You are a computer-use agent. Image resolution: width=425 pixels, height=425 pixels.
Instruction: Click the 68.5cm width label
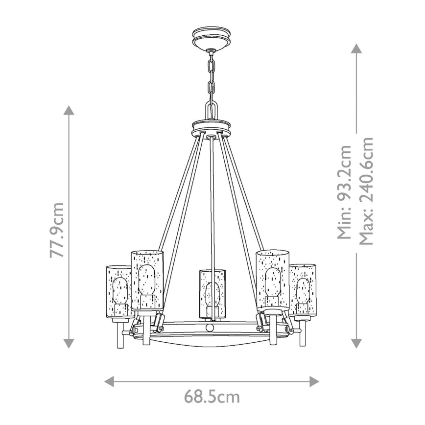212,396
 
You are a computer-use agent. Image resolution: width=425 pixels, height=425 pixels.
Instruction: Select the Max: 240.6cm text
367,191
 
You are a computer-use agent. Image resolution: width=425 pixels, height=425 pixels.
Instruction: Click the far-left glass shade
118,291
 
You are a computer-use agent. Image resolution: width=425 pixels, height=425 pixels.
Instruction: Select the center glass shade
212,293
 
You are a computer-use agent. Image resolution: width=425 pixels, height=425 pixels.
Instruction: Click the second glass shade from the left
146,279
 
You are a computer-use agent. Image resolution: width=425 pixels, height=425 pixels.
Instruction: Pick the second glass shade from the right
273,279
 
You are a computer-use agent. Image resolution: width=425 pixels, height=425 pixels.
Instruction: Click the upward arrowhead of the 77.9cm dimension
70,110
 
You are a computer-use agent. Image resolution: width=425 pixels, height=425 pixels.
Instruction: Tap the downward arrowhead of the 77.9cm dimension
70,343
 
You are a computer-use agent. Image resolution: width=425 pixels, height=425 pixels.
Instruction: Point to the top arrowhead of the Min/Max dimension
356,48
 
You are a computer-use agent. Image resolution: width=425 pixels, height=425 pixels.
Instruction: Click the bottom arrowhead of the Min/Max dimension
356,343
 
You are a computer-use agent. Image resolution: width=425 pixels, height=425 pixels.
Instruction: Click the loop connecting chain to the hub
211,110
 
